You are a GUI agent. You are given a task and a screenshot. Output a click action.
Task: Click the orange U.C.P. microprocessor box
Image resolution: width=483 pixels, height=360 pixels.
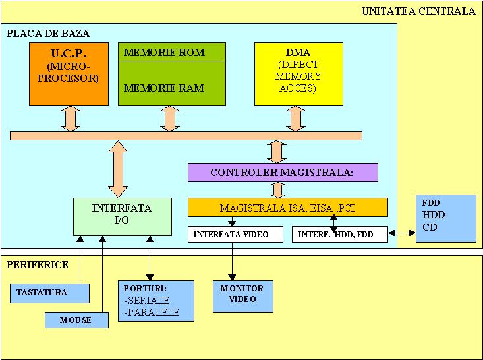pos(69,73)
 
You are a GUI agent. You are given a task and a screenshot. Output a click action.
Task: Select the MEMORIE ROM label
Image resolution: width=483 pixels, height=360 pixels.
pos(163,53)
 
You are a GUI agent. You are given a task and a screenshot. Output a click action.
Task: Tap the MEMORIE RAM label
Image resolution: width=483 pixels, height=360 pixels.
pos(163,88)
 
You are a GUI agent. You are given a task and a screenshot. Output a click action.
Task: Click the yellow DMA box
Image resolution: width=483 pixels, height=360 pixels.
pos(298,73)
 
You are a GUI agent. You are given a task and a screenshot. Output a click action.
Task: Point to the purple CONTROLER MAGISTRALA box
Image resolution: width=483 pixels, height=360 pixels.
pos(282,172)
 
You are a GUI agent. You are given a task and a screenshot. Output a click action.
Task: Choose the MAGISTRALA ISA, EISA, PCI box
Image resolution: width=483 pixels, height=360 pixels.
pos(287,208)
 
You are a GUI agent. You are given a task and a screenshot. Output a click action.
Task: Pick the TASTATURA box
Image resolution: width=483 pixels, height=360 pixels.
pos(49,292)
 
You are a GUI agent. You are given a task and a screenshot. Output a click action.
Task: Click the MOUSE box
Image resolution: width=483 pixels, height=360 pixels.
pos(76,320)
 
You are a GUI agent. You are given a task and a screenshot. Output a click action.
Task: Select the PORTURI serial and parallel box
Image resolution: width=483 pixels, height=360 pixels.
pos(156,300)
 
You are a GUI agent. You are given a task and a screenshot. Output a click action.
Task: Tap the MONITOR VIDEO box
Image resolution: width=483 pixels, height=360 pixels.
pos(243,294)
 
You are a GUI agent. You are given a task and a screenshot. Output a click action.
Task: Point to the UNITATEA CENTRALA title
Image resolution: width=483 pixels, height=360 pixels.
pos(418,11)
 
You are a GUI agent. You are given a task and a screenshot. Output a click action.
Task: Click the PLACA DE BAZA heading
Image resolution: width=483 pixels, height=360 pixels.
pos(48,33)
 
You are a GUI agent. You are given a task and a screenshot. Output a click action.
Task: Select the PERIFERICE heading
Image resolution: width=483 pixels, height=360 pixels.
pos(37,264)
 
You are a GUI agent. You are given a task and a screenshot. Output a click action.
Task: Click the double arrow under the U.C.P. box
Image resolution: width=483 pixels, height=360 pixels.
pos(70,119)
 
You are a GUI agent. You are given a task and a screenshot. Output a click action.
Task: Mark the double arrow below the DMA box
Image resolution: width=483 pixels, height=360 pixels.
pos(295,119)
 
